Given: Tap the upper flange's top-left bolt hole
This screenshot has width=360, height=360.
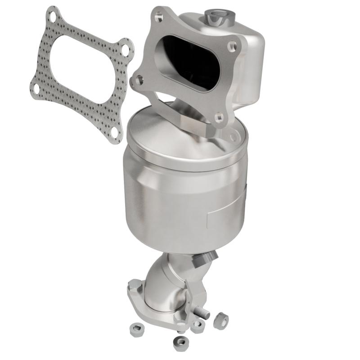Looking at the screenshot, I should tap(158, 17).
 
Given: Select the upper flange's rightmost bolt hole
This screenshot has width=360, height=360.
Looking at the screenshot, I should tap(232, 46).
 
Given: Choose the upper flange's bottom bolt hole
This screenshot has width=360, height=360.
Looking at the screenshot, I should tap(219, 118).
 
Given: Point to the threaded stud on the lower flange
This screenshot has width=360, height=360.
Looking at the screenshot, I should tap(202, 311).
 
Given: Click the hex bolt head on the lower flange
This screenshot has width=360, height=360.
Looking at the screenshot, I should tap(135, 285).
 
